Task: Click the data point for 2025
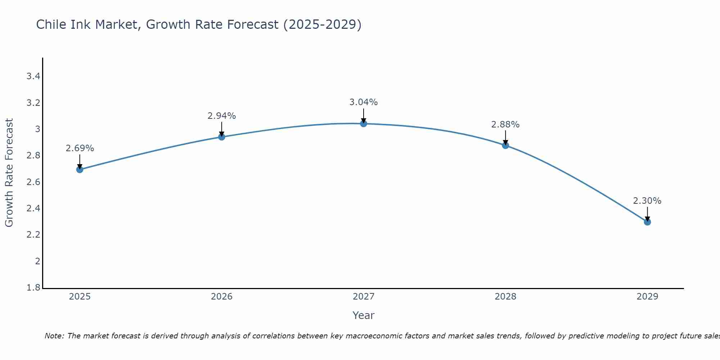80,170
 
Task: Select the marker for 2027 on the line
364,123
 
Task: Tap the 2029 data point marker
647,222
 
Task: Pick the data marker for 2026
222,137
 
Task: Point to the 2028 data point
505,145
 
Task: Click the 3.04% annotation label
364,102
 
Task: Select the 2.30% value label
647,201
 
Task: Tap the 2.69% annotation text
80,148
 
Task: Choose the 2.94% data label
222,116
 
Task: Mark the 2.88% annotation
505,125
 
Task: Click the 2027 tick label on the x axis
364,297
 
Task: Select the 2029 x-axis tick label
647,297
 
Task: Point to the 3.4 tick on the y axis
33,76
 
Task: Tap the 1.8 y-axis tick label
33,288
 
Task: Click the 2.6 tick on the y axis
33,182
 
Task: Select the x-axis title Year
364,315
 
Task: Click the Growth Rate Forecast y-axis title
9,173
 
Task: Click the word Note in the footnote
54,336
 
